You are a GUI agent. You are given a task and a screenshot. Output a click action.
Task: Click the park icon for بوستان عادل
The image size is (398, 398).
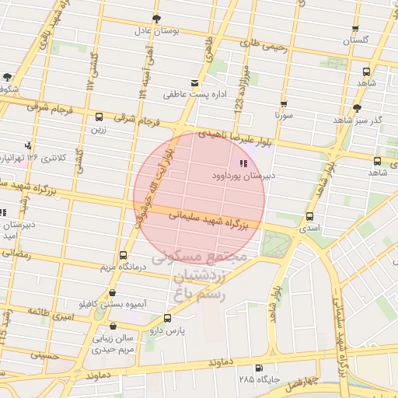coord(156,18)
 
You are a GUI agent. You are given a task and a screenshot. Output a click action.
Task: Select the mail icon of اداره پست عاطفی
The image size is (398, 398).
coord(194,83)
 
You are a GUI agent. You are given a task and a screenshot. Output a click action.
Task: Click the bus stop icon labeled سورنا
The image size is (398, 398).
coord(283,103)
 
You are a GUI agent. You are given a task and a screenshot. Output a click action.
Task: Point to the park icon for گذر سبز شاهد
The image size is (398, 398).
coord(357,108)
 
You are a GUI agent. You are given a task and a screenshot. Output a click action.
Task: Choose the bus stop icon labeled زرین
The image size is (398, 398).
coord(98,117)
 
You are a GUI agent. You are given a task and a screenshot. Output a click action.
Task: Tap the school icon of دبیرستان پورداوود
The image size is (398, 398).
coord(243,163)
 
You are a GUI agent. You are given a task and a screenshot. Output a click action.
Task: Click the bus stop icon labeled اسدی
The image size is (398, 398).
coord(310,217)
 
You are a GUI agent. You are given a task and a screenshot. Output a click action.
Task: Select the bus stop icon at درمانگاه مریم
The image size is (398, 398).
coord(123,255)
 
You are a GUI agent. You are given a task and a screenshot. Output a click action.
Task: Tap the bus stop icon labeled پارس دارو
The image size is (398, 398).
coord(167,318)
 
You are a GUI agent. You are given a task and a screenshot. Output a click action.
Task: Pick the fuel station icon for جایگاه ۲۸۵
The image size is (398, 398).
coord(259,368)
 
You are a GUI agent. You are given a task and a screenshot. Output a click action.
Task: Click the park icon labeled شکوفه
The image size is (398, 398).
coord(8,77)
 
